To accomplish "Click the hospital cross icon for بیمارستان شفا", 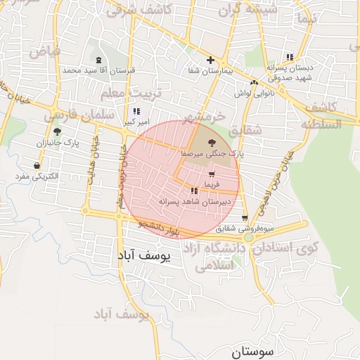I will tap(210, 60).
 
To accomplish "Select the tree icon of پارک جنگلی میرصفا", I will tap(212, 143).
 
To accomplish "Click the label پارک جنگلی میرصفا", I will tap(212, 153).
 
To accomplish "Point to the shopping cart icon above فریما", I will tap(212, 174).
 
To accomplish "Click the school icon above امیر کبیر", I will tap(136, 112).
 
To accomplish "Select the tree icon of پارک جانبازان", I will tap(57, 131).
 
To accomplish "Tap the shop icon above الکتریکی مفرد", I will tap(36, 166).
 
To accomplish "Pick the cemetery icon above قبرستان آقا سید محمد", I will tap(98, 60).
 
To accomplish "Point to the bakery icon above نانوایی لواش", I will tap(253, 83).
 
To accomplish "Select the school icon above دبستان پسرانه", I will tap(289, 58).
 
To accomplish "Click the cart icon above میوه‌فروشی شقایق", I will tap(245, 218).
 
